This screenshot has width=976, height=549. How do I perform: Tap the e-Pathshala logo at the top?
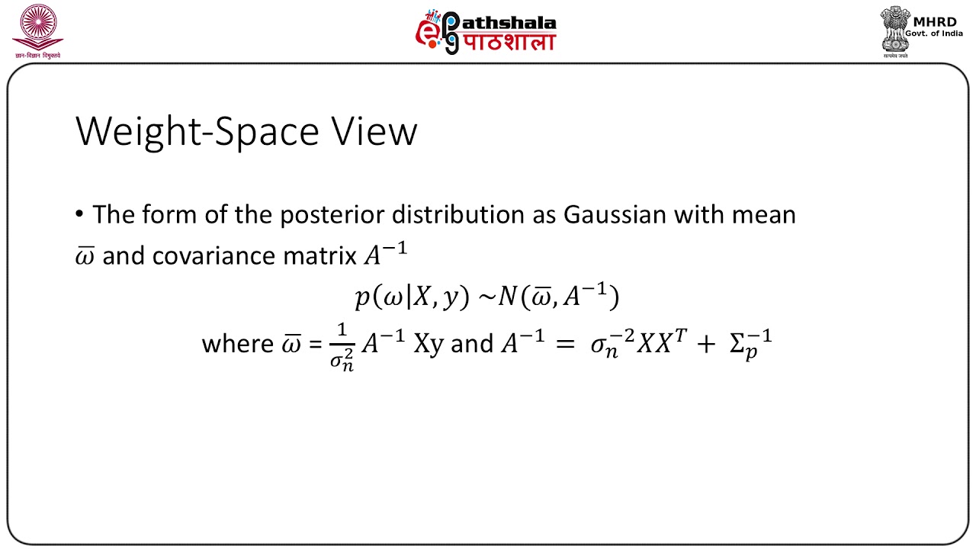coord(486,32)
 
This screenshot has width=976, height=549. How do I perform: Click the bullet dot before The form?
coord(80,215)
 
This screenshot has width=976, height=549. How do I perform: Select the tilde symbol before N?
coord(486,297)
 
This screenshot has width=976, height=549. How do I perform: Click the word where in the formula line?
coord(234,344)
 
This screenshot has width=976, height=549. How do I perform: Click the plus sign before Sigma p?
coord(705,344)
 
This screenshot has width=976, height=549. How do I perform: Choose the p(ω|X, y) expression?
coord(411,297)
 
